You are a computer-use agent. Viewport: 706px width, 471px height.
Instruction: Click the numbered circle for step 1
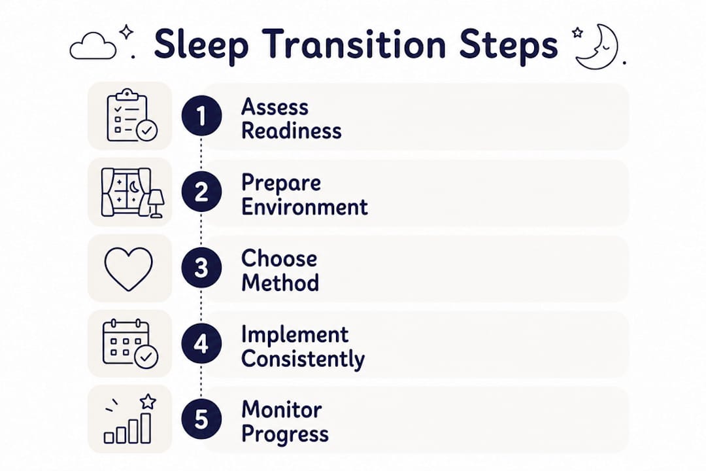click(x=201, y=116)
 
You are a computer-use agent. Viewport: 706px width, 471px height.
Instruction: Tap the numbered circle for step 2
click(x=201, y=192)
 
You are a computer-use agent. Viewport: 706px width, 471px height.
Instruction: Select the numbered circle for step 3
click(x=201, y=268)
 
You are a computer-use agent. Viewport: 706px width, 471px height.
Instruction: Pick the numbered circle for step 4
click(x=201, y=343)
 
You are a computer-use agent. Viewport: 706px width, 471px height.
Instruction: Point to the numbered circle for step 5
click(x=201, y=419)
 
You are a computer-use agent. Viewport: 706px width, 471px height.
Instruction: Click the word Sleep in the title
click(x=201, y=45)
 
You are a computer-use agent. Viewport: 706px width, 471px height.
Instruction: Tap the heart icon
click(x=129, y=269)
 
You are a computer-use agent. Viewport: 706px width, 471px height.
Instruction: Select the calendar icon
click(x=130, y=343)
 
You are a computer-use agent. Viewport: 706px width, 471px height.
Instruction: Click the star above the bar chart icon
click(x=148, y=401)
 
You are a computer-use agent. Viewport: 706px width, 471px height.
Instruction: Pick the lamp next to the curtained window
click(x=156, y=203)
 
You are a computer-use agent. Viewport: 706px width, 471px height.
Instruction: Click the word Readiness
click(x=292, y=131)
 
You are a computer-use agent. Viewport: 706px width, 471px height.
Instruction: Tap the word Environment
click(x=305, y=207)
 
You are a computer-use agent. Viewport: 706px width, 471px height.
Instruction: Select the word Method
click(x=280, y=283)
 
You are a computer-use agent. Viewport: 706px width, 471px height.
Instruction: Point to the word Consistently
click(x=303, y=360)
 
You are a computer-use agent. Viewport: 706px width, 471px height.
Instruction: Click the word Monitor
click(x=281, y=410)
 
